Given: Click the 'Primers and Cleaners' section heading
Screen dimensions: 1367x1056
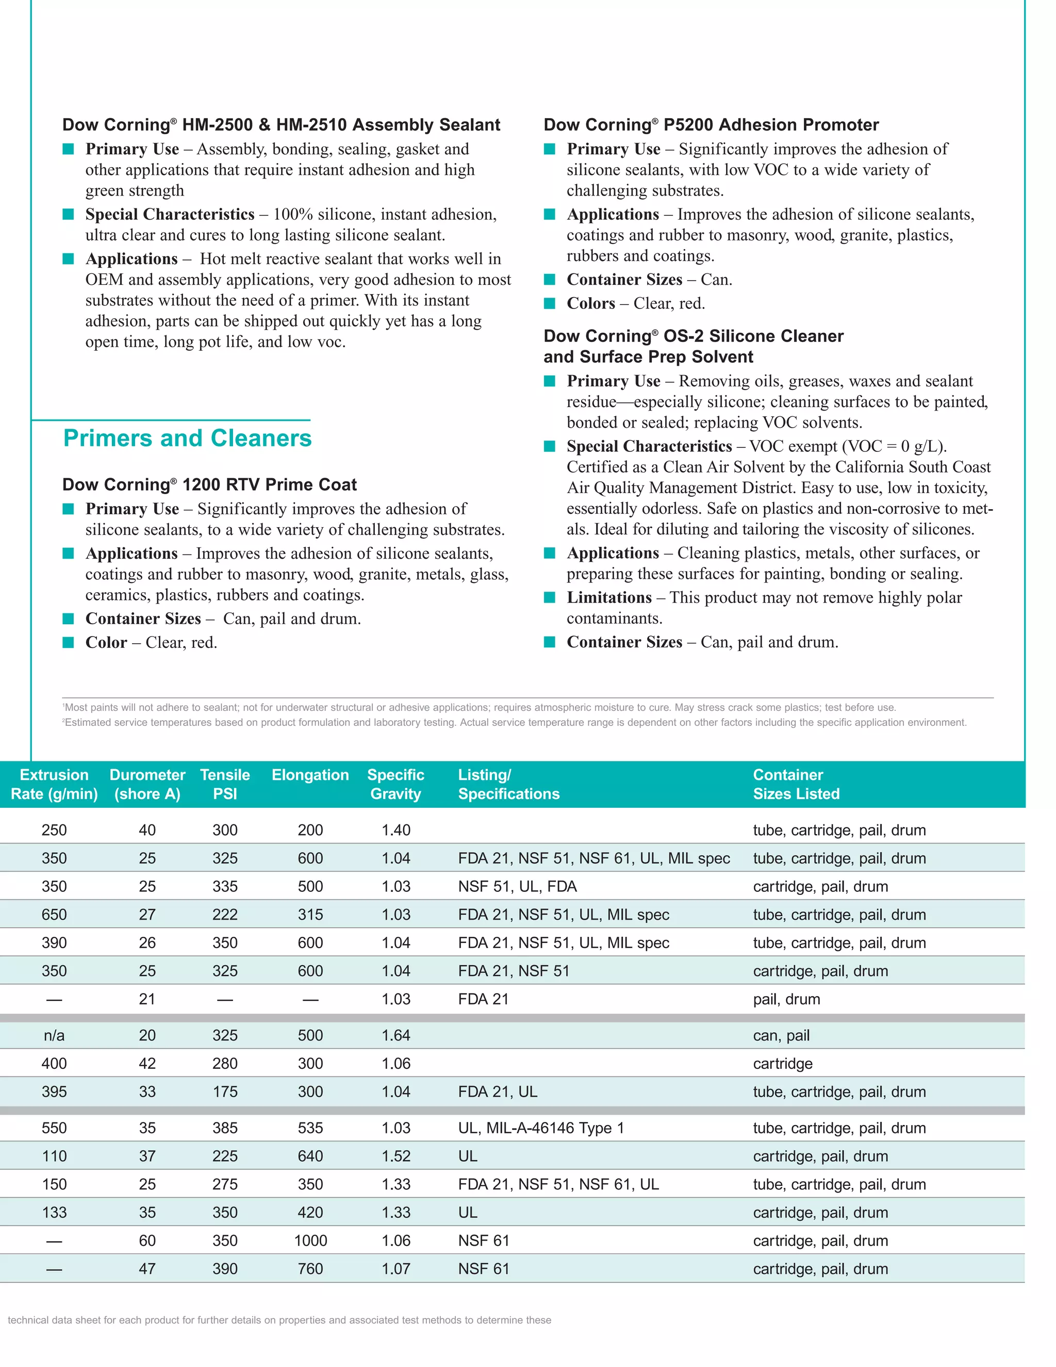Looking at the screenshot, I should coord(187,438).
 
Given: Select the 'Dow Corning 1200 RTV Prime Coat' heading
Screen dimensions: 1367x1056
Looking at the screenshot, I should coord(209,484).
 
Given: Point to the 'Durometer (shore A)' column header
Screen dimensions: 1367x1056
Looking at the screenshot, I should coord(147,784).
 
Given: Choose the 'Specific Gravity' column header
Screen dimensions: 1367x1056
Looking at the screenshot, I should coord(395,784).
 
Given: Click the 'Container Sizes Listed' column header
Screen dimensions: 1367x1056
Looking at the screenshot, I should coord(796,784).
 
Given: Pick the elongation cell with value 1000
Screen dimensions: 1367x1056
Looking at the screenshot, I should coord(310,1241).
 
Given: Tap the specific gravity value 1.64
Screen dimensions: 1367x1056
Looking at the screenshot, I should coord(395,1035).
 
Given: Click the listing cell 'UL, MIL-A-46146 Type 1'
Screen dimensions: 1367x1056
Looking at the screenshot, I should coord(540,1128).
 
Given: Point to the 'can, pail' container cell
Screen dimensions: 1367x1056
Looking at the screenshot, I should coord(781,1035).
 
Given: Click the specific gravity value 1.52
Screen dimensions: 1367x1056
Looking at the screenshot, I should coord(395,1156).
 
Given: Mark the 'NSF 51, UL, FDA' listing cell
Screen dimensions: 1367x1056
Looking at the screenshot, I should coord(517,886).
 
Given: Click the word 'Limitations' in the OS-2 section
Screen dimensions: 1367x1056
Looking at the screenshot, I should coord(609,598).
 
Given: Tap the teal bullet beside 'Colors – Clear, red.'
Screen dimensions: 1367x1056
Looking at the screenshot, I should coord(550,303).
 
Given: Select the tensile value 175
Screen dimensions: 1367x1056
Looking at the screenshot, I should coord(225,1092).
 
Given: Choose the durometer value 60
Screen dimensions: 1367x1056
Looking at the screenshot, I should coord(147,1241).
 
